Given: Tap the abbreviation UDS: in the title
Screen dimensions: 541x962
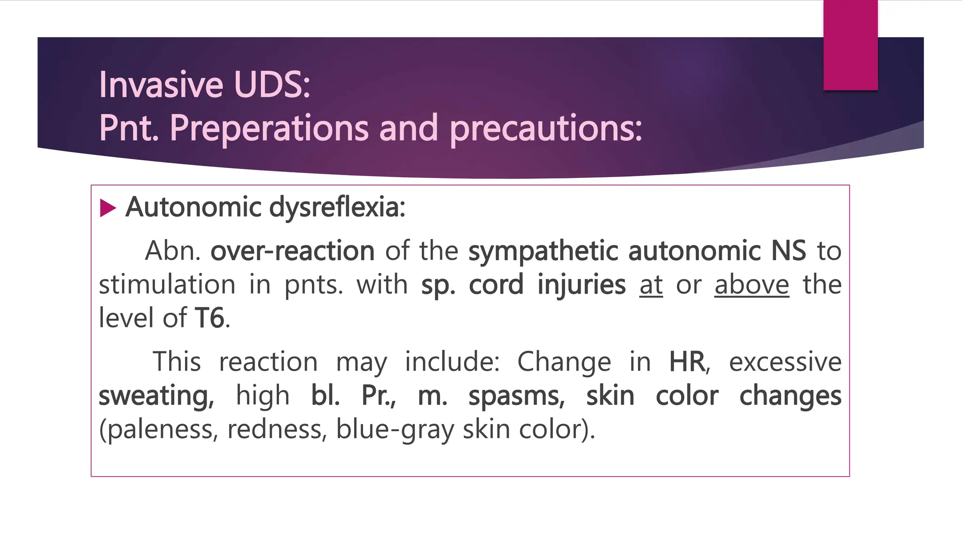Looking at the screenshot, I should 272,85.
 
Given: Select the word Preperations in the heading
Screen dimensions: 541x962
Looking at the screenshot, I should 269,128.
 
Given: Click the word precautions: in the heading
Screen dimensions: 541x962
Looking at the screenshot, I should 546,128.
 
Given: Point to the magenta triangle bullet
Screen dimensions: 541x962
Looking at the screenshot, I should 108,208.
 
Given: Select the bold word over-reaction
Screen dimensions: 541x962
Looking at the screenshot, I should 292,251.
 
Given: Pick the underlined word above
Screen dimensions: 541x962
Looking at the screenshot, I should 752,285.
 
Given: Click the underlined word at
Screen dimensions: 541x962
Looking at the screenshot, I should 651,285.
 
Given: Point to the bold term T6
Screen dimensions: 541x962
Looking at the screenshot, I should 209,318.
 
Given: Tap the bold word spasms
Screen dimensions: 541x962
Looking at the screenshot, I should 517,396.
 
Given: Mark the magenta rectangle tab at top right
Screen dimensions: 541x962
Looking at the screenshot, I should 850,45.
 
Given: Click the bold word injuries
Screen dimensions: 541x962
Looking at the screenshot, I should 582,285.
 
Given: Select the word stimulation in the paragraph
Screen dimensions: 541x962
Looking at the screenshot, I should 167,285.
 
